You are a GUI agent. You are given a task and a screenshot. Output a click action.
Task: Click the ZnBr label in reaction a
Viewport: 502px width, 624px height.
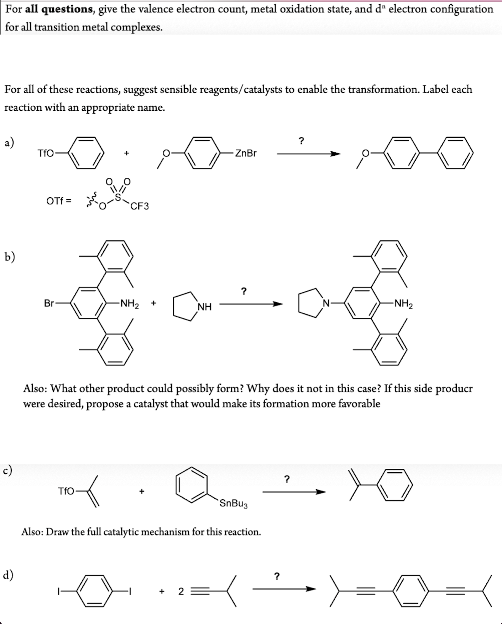(x=246, y=154)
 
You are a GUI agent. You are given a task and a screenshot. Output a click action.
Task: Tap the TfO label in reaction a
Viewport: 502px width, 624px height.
(x=46, y=154)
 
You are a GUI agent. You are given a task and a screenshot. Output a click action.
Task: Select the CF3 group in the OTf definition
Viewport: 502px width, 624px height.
(x=140, y=206)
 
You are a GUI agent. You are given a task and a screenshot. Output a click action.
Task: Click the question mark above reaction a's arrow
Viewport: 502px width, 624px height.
(x=302, y=141)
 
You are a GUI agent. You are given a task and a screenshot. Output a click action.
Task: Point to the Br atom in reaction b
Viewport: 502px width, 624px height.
(x=49, y=303)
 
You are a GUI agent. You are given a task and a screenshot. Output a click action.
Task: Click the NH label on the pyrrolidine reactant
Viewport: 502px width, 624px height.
(x=205, y=306)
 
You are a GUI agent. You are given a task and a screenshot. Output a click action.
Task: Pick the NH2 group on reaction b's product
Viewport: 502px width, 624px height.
(x=403, y=304)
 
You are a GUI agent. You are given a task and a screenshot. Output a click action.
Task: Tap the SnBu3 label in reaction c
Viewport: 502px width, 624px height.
(x=234, y=504)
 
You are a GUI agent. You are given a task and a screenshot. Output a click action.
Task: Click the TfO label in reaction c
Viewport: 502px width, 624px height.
(x=66, y=492)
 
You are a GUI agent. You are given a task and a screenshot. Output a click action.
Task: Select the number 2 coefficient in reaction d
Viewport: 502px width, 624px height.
(x=181, y=592)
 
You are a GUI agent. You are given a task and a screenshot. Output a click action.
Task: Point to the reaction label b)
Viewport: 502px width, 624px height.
(x=10, y=256)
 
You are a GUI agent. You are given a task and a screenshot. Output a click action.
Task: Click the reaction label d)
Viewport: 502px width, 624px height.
(x=8, y=575)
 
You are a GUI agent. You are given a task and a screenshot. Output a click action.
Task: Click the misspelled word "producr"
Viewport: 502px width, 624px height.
(x=455, y=389)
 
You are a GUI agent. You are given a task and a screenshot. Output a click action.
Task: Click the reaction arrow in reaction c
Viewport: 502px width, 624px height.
(x=294, y=492)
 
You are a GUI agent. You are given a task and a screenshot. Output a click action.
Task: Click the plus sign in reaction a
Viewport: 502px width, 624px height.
(x=126, y=154)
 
